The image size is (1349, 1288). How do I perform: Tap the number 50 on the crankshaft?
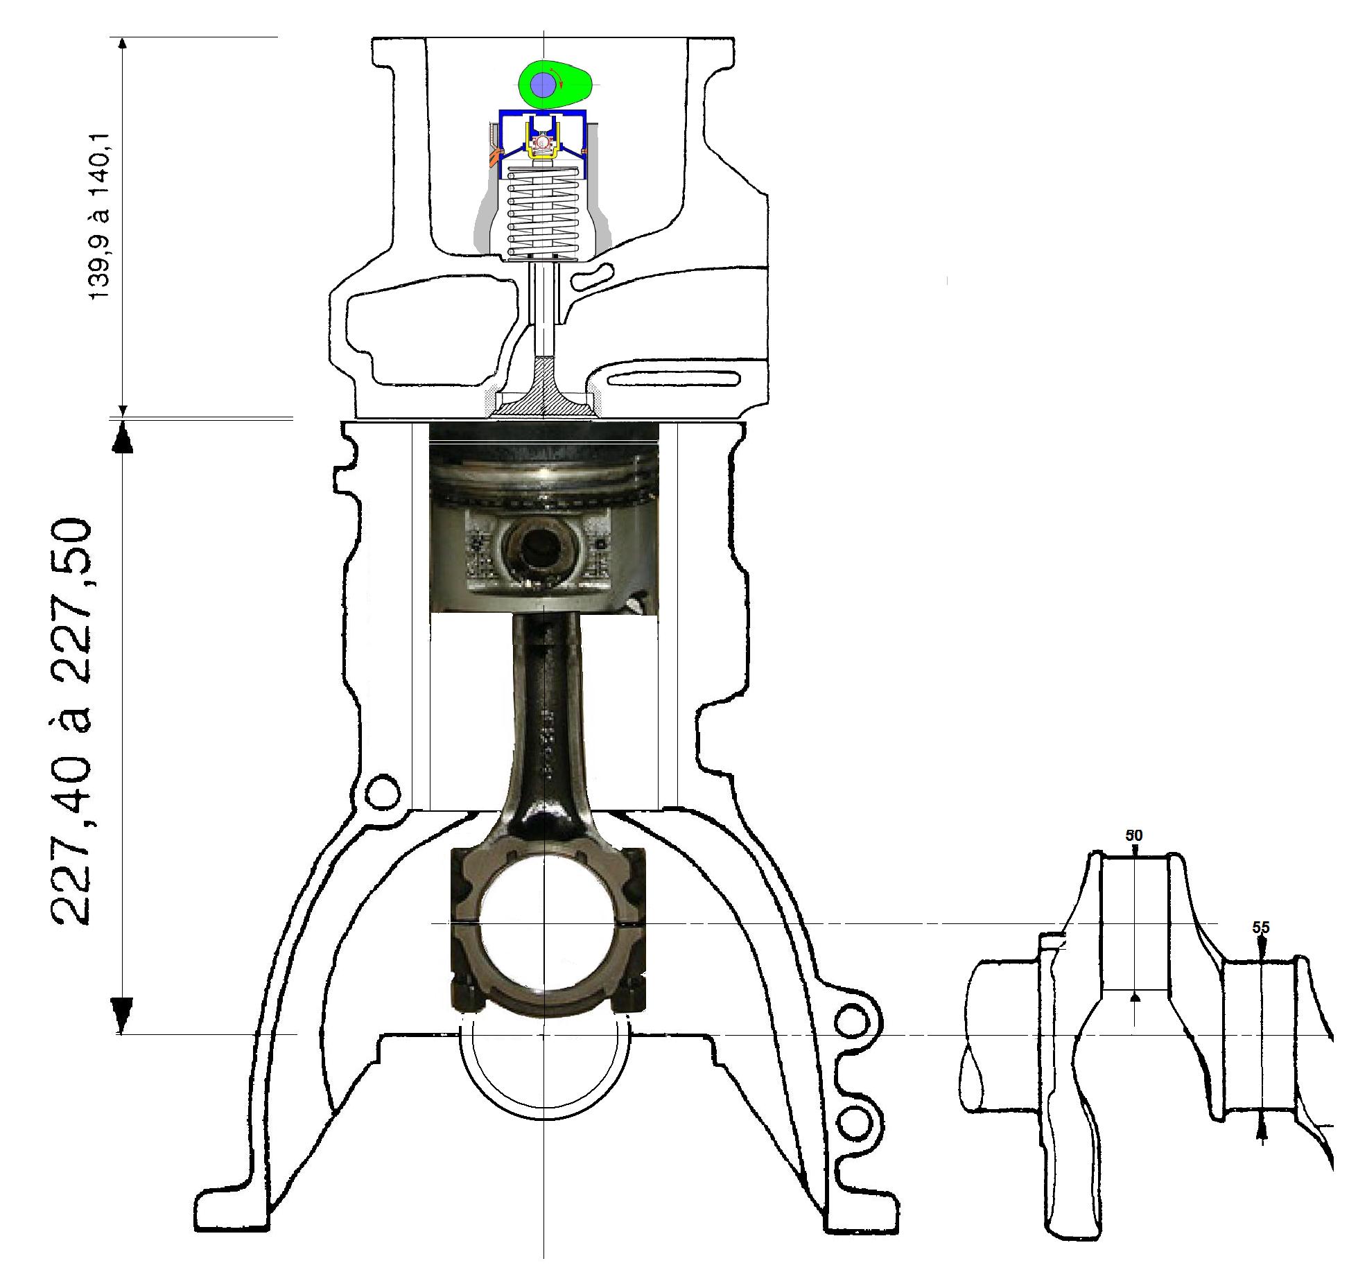1133,836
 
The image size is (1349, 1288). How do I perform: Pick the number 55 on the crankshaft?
1261,928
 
